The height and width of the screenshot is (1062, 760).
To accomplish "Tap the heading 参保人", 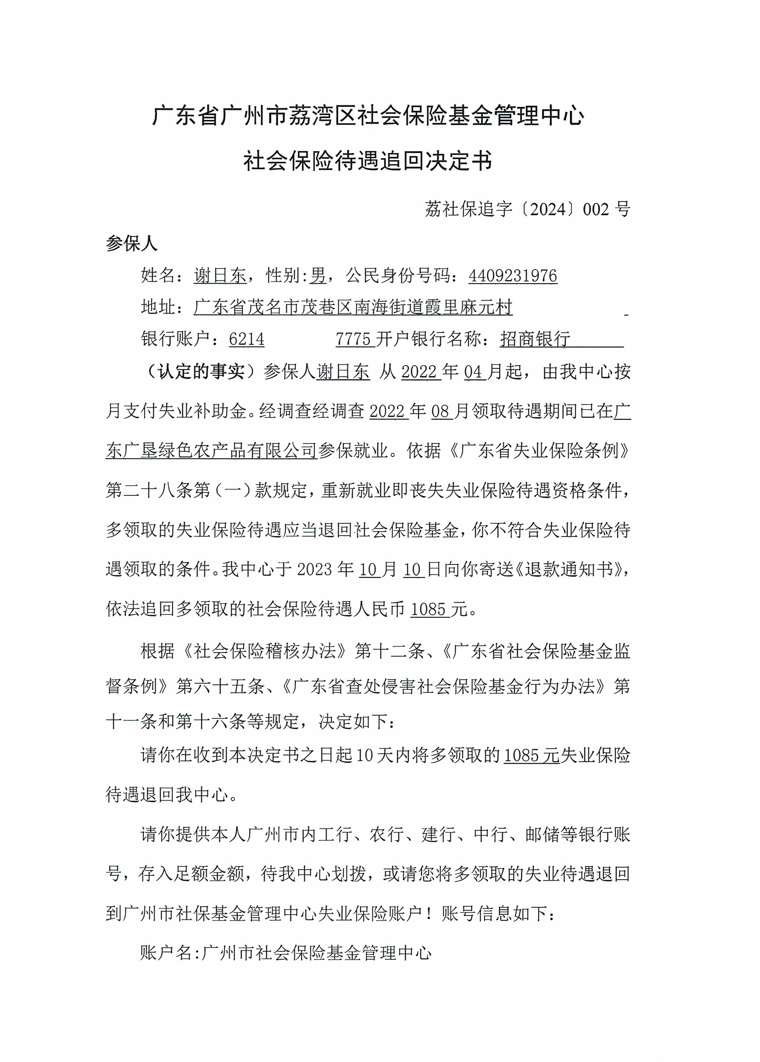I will (x=132, y=243).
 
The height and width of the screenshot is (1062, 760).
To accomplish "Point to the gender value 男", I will (x=318, y=276).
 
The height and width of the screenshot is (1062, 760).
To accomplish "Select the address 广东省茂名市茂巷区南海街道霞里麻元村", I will (x=353, y=307).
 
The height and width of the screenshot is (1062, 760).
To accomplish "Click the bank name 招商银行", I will (x=535, y=339).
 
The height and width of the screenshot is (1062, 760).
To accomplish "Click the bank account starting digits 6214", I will (x=247, y=339).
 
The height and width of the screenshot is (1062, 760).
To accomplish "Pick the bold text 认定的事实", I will (x=201, y=372).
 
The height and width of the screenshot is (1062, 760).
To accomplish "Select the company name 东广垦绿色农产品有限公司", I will (x=211, y=450).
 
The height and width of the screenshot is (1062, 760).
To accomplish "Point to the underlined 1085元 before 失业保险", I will (x=531, y=755).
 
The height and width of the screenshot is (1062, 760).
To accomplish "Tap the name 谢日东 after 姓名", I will (x=220, y=276).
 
